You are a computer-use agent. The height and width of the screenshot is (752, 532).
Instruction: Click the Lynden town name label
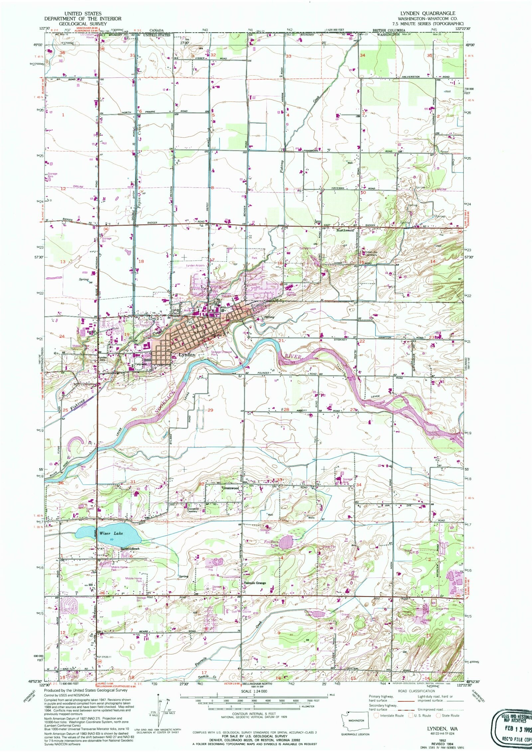[x=187, y=355]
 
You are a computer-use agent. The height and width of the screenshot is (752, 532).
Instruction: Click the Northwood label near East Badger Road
[x=345, y=230]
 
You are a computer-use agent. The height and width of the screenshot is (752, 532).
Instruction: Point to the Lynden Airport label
[x=195, y=266]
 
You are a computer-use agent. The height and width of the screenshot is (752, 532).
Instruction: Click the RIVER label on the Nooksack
[x=293, y=357]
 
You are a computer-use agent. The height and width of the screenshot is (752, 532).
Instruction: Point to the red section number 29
[x=210, y=410]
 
